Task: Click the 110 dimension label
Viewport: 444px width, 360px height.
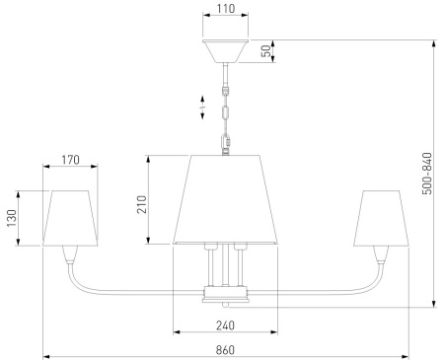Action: pos(226,9)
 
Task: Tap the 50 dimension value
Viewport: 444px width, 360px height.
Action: pos(266,50)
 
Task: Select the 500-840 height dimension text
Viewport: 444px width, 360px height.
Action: pos(427,174)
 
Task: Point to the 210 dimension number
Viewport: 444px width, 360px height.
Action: pos(142,204)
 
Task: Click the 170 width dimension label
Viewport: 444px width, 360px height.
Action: pos(70,160)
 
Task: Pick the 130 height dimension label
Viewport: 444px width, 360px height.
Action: pos(12,218)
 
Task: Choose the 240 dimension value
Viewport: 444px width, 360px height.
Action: pos(225,325)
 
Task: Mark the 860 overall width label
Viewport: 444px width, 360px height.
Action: pos(225,350)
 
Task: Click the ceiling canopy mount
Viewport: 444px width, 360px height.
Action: pos(225,51)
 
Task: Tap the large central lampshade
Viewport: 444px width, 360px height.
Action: pos(225,199)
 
